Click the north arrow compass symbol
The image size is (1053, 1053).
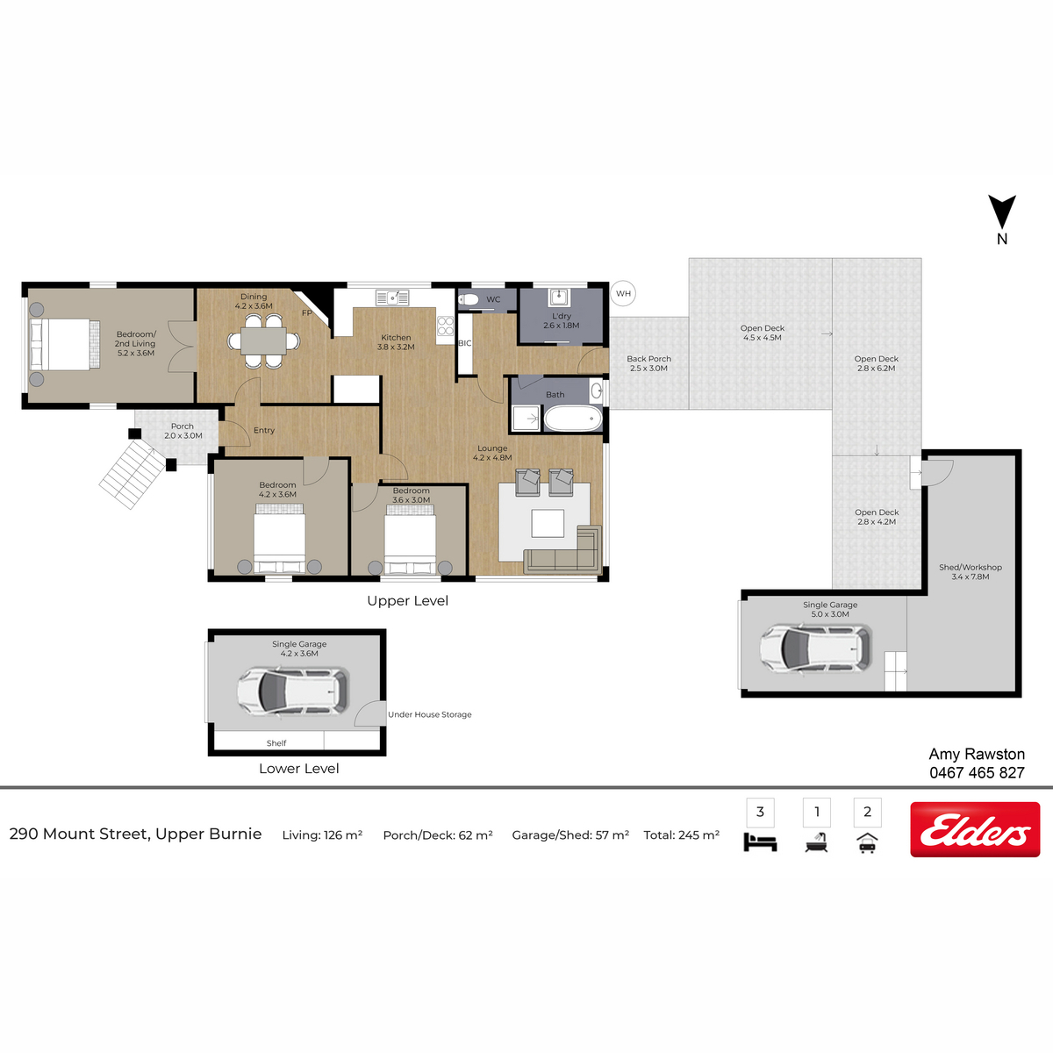[1001, 212]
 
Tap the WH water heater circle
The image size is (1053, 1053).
[623, 293]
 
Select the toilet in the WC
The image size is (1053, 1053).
[469, 299]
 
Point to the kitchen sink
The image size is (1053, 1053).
[392, 297]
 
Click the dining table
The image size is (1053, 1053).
[264, 341]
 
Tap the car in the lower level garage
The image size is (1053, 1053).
[293, 691]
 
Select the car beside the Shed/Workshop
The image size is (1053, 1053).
[816, 648]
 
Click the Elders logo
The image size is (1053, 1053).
[975, 829]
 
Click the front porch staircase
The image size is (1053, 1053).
[133, 474]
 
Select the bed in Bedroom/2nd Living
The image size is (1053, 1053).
[65, 344]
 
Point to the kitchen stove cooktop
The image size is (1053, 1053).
[446, 326]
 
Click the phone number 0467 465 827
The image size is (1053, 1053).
[977, 773]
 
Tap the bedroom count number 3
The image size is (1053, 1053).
[760, 812]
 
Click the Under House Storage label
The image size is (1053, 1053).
[429, 714]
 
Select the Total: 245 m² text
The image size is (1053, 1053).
[682, 835]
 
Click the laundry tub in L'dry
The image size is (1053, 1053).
[558, 297]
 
